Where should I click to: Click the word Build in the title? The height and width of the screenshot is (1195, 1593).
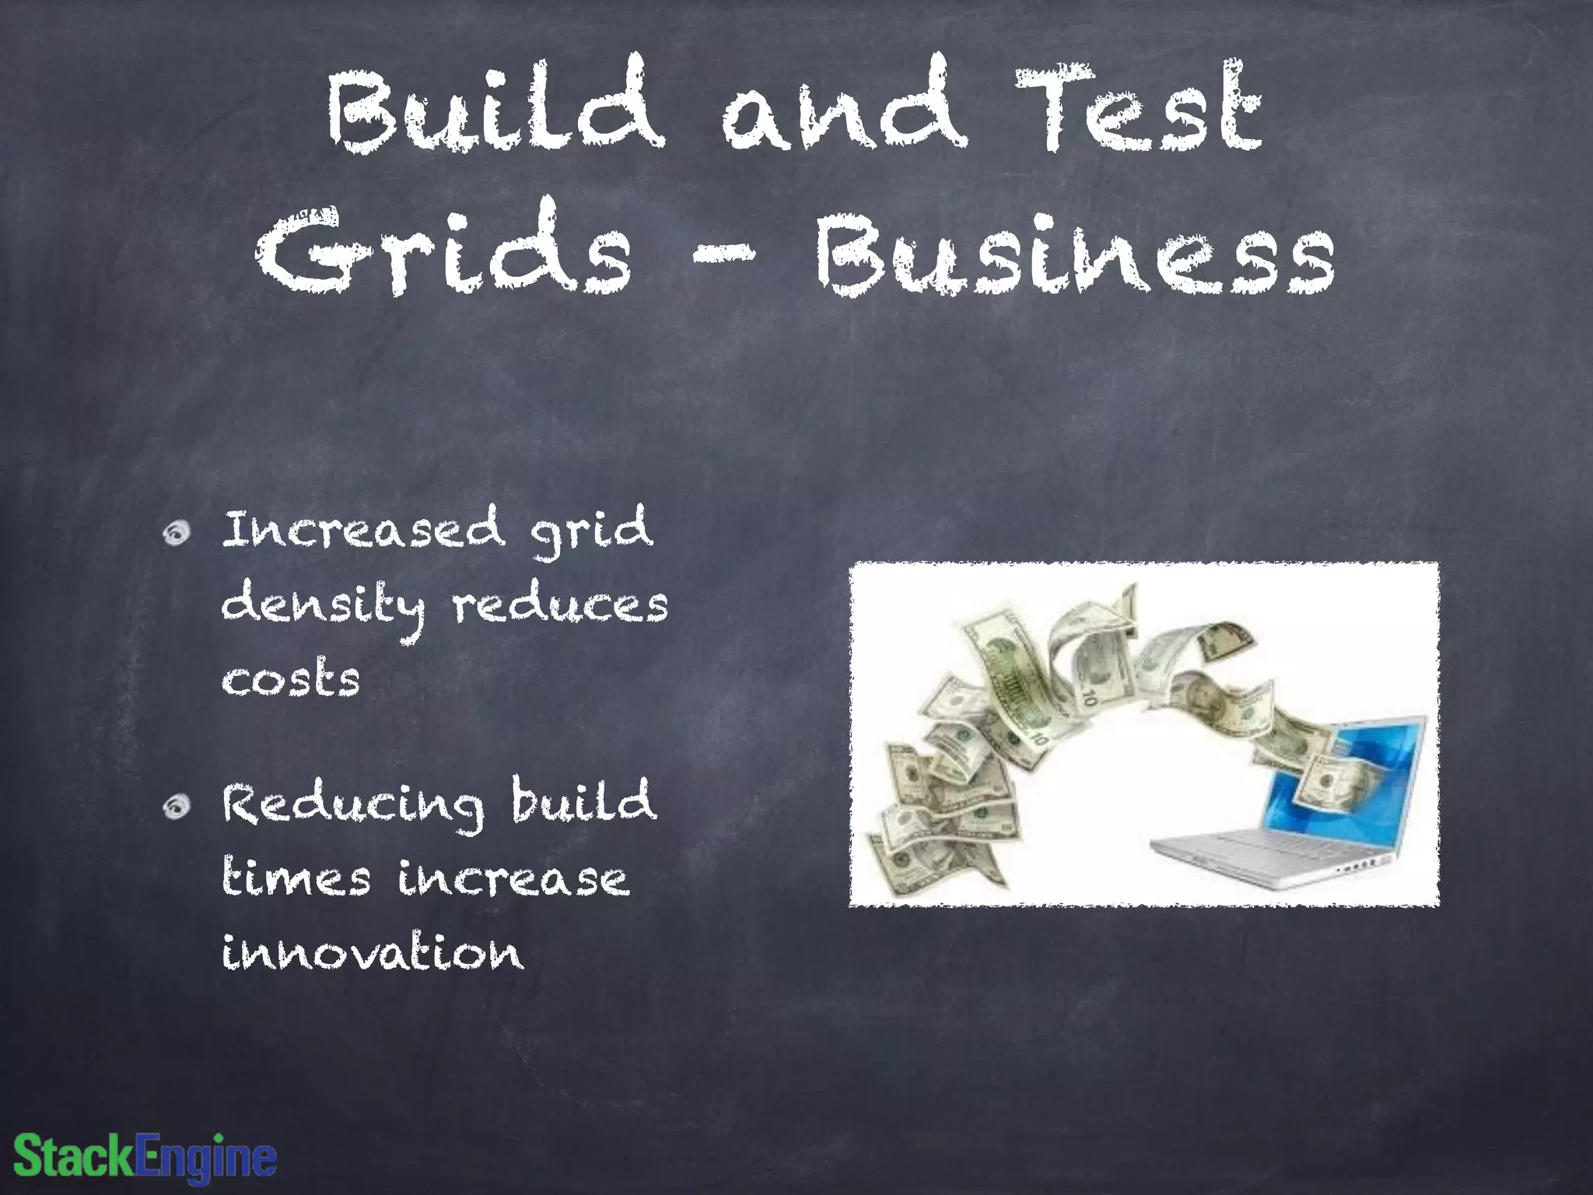click(x=495, y=105)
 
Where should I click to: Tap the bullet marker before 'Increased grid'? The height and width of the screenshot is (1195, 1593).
click(x=177, y=533)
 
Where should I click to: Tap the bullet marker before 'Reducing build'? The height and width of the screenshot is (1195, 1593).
click(x=177, y=807)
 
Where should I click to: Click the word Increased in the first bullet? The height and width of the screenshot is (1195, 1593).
click(x=363, y=529)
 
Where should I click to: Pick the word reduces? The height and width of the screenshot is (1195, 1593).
click(x=560, y=606)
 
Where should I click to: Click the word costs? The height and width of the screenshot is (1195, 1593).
click(x=291, y=678)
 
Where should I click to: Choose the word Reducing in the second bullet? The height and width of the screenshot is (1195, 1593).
click(x=352, y=804)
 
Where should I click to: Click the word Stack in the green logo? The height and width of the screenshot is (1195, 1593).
click(x=74, y=1157)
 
